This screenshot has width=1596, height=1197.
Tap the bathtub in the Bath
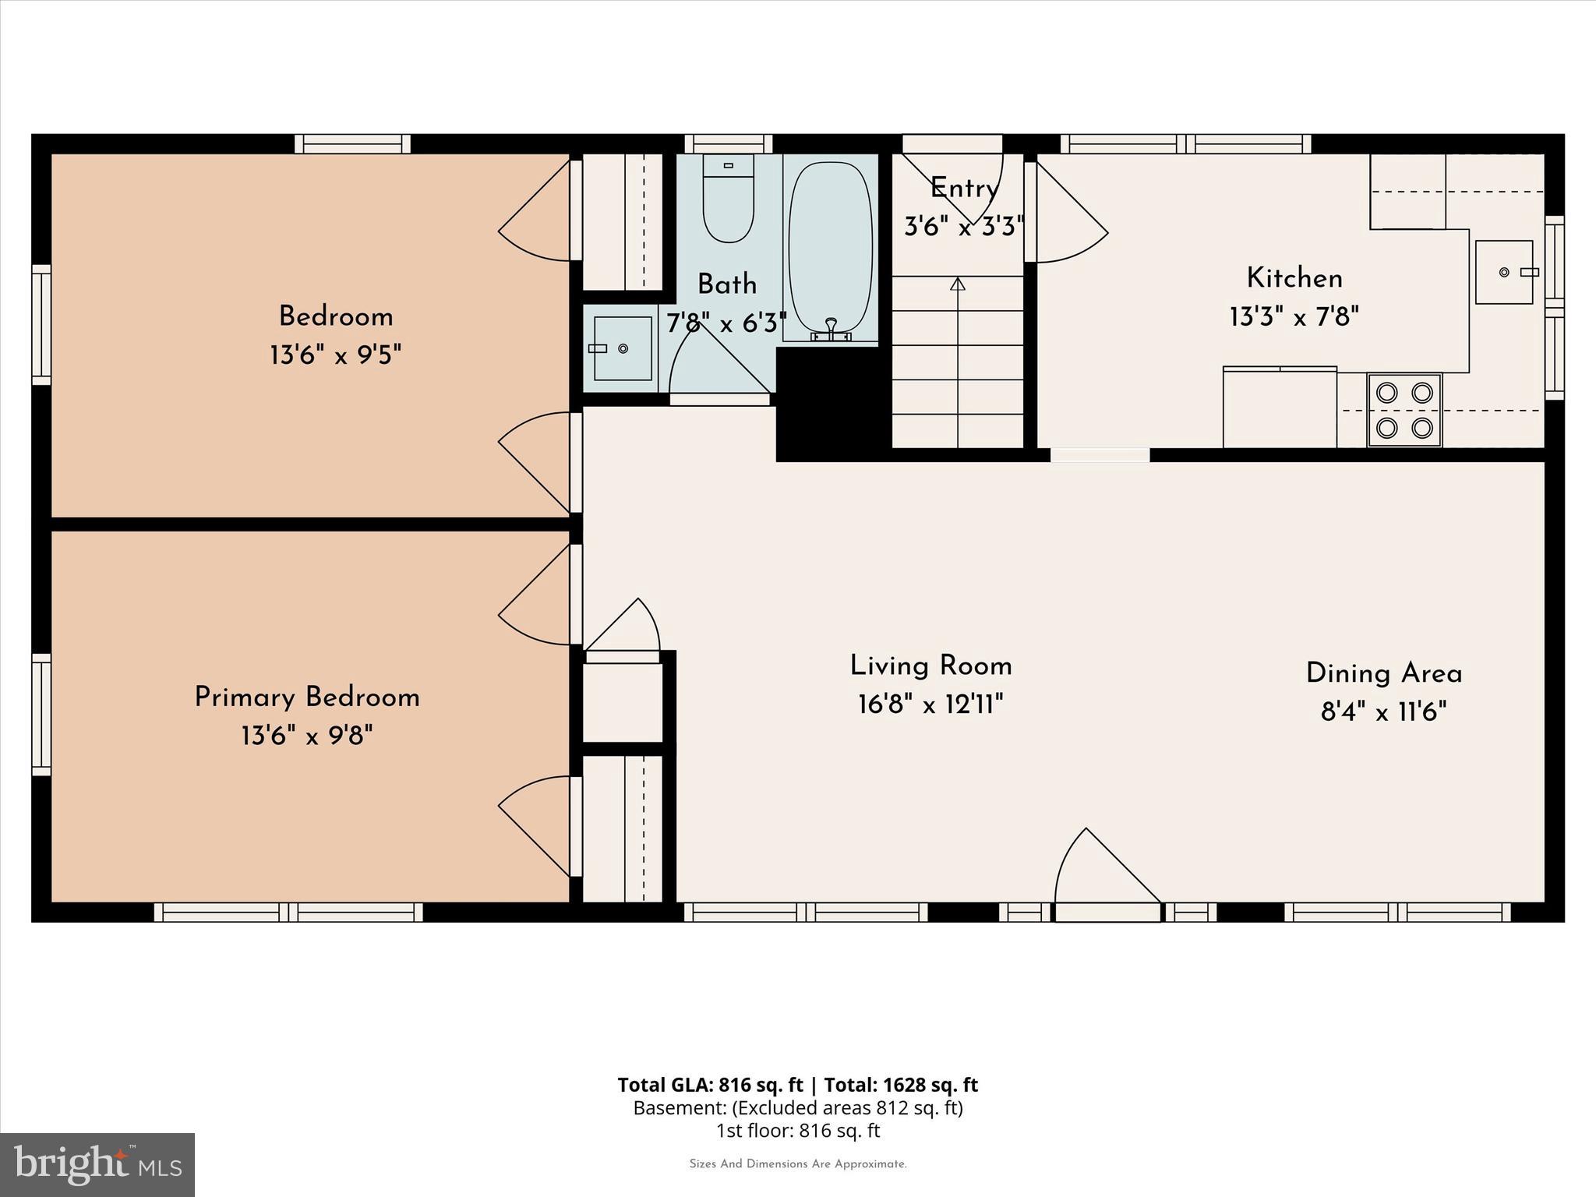point(830,248)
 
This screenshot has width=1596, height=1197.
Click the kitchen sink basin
point(1503,272)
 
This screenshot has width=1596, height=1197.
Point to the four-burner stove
point(1404,410)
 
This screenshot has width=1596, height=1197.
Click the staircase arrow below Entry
point(958,285)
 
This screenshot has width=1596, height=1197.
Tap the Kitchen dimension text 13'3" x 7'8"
point(1294,317)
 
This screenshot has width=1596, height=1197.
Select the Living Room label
point(930,666)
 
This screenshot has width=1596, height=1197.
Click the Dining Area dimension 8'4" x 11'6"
point(1383,712)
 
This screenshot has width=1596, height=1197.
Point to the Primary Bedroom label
point(307,697)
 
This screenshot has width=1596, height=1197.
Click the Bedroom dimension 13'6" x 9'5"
point(335,356)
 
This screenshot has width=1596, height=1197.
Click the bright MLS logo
point(97,1164)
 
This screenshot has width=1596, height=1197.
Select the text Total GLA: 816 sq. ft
point(709,1085)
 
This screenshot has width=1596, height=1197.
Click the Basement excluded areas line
point(797,1108)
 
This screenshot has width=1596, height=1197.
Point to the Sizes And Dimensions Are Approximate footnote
point(797,1164)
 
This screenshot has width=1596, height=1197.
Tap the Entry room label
point(964,189)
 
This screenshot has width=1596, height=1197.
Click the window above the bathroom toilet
point(728,143)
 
